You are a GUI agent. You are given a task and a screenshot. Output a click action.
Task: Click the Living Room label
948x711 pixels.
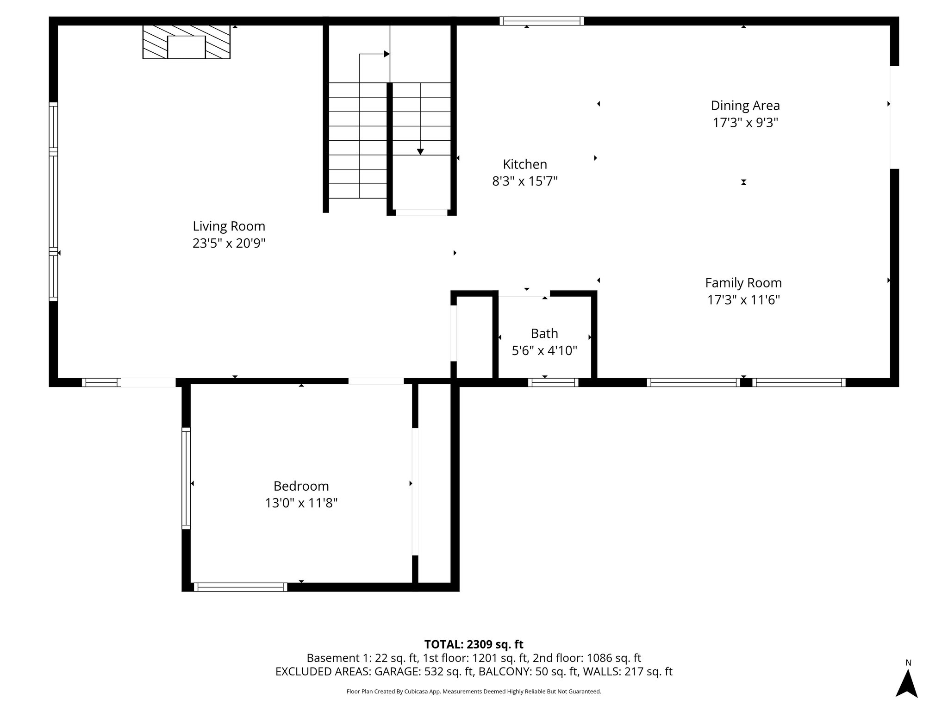(x=229, y=226)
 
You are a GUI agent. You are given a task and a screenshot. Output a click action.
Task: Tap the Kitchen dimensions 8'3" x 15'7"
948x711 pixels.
(x=524, y=181)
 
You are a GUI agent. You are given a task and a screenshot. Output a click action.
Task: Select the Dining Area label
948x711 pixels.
(x=745, y=106)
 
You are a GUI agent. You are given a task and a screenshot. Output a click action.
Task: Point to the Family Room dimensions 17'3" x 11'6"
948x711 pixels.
(x=743, y=300)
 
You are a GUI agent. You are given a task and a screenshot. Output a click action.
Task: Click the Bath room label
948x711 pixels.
(x=544, y=333)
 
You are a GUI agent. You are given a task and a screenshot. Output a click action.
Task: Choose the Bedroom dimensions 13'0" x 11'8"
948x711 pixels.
(x=301, y=503)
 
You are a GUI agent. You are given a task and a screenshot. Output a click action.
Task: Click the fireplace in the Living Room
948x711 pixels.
(x=186, y=42)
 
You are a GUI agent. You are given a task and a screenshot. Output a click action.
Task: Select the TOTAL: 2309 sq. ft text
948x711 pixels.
(x=474, y=644)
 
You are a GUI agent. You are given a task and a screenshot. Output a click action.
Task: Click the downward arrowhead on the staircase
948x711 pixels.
(x=420, y=152)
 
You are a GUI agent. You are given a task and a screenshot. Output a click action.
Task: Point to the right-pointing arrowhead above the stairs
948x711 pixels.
(x=387, y=54)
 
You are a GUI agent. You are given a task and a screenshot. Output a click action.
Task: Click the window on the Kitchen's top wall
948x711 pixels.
(x=542, y=21)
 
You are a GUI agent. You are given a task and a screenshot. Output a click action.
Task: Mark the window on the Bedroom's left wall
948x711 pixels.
(x=186, y=479)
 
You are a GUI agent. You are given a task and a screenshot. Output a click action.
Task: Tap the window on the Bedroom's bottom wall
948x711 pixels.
(x=240, y=587)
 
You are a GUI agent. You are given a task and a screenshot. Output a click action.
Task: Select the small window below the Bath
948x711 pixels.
(x=553, y=382)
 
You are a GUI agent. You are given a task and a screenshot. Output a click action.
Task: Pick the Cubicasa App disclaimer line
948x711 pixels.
(x=474, y=692)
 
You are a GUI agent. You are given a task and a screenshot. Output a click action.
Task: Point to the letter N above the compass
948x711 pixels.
(x=908, y=663)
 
